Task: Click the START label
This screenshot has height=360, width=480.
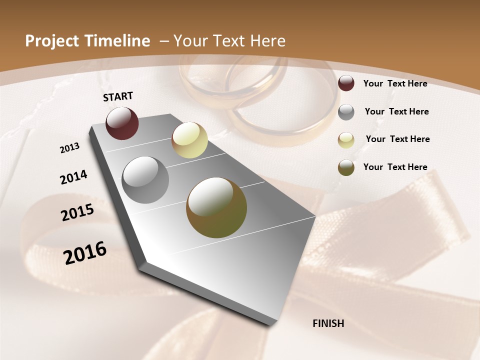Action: [118, 96]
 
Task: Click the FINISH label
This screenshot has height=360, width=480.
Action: [328, 323]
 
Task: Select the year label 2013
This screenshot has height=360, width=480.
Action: [69, 148]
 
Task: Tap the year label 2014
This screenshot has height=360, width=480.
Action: [73, 177]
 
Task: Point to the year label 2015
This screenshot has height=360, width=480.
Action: [77, 212]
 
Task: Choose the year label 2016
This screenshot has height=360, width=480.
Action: [85, 252]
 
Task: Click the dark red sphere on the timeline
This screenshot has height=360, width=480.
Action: [122, 123]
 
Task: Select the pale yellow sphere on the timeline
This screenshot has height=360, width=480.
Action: [189, 140]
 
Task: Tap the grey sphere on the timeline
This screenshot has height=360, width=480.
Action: [145, 180]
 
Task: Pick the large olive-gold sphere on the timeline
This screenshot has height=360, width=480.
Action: [216, 207]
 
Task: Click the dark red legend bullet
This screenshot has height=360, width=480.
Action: [346, 83]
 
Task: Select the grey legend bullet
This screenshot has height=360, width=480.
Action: [346, 112]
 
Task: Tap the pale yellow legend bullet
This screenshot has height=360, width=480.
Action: [346, 140]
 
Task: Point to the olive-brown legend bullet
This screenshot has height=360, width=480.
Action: [346, 167]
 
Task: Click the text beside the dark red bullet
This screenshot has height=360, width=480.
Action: [395, 83]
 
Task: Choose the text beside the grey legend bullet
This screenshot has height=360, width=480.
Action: [396, 111]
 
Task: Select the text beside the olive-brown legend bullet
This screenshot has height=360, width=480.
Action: [395, 167]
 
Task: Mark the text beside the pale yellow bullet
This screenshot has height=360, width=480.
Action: [397, 139]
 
